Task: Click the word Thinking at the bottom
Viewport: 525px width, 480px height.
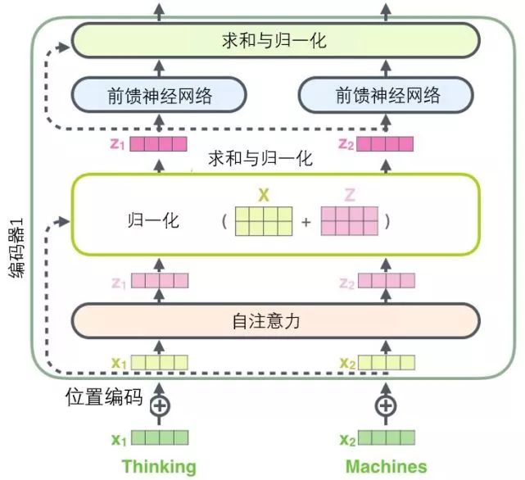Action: point(160,467)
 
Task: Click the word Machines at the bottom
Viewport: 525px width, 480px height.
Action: point(386,467)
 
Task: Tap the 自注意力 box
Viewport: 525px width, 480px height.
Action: point(274,321)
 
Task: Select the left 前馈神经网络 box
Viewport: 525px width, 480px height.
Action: point(160,95)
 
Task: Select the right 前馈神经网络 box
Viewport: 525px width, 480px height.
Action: point(387,95)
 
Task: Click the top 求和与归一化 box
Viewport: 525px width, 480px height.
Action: point(274,39)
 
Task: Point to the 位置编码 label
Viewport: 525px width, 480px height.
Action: point(105,399)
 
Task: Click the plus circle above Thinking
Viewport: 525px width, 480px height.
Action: point(161,405)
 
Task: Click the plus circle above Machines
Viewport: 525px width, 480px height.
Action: point(385,405)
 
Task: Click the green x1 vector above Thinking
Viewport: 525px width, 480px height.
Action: point(161,438)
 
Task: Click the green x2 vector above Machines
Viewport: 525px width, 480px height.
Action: point(385,438)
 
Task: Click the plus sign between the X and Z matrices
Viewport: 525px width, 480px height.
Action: point(306,222)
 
